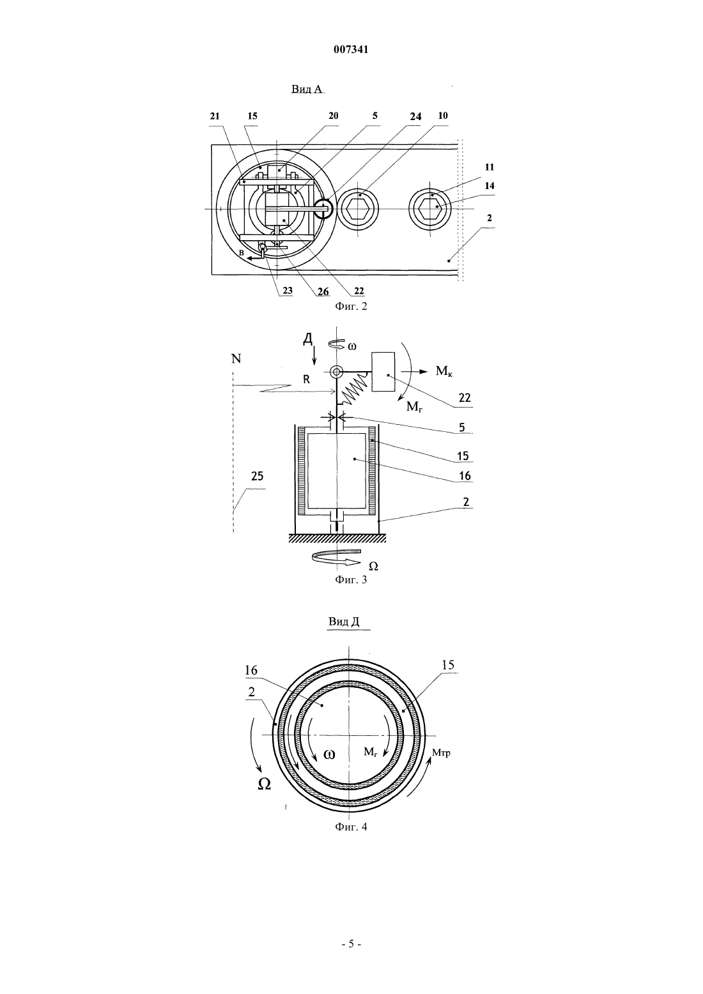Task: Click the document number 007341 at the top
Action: pos(351,50)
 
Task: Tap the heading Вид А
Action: pos(307,89)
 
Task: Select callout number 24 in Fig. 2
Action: pos(415,117)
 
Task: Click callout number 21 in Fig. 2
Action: pos(215,116)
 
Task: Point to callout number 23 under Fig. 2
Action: pos(288,291)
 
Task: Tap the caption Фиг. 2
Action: pos(351,306)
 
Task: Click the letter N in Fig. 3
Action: pos(236,358)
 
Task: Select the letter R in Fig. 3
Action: pos(306,380)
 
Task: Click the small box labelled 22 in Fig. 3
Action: pos(383,372)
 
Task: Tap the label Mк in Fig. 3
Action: pos(444,371)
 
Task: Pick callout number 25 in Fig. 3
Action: pos(257,477)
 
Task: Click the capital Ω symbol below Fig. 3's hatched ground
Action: pos(373,566)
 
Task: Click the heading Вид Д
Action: pos(344,622)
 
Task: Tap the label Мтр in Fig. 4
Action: pos(442,753)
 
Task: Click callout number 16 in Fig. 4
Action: pos(251,670)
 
